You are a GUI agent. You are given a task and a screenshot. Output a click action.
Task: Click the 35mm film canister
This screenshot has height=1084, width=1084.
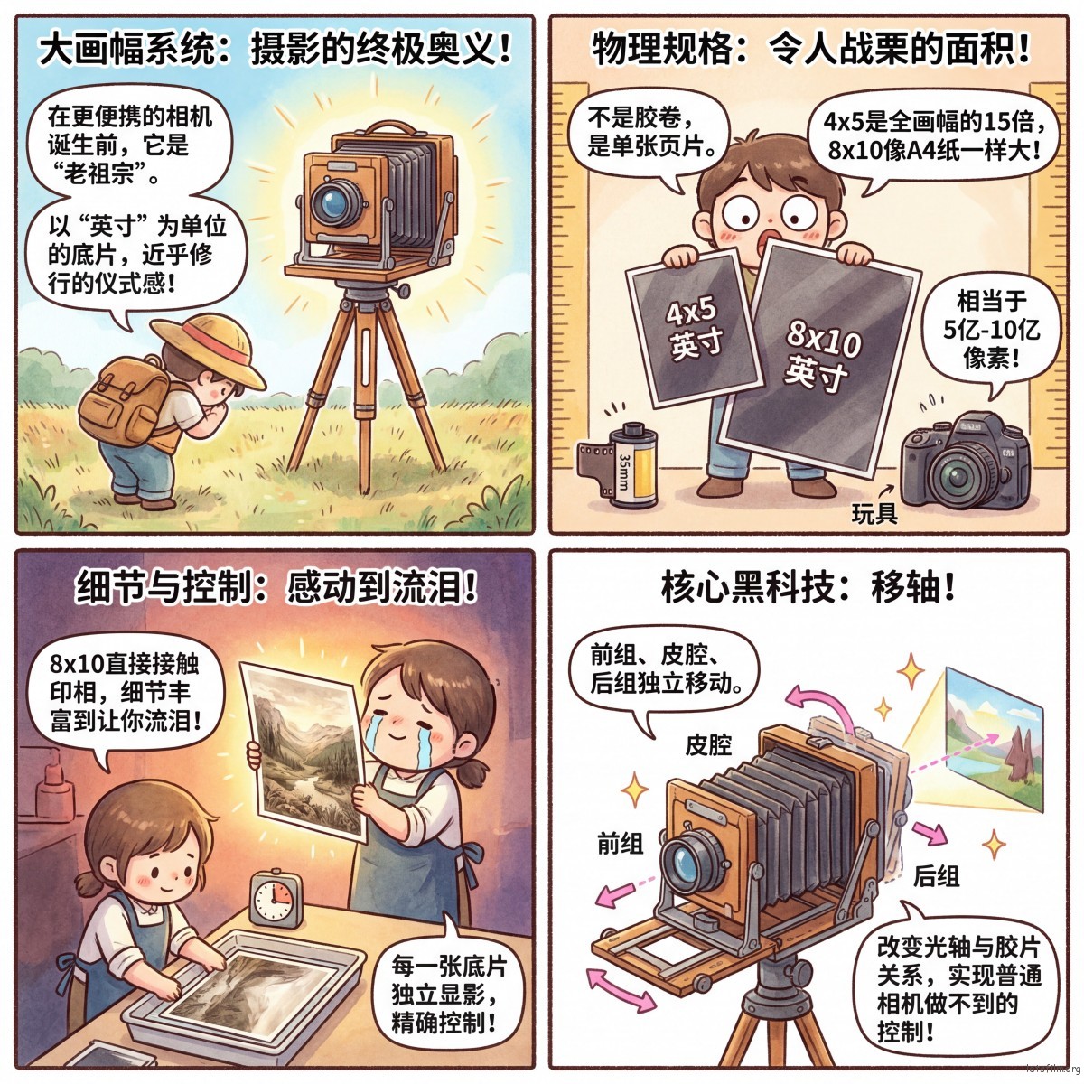(619, 464)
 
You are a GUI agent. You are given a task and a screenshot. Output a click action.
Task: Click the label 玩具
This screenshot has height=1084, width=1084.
(874, 513)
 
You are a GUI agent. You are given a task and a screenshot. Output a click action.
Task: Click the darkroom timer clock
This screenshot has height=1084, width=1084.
(276, 899)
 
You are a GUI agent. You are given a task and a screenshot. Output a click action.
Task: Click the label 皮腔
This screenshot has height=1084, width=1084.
(708, 744)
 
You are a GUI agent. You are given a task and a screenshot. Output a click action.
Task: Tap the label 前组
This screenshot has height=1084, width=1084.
(621, 845)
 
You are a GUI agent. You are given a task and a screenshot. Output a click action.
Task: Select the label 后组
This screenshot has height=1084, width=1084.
(936, 876)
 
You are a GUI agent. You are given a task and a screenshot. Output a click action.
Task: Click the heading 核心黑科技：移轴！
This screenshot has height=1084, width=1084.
(808, 588)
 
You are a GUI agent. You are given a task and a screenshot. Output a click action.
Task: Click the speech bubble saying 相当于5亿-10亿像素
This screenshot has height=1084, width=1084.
(991, 331)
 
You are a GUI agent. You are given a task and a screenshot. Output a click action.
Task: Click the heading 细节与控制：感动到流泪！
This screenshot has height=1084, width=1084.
(276, 587)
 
